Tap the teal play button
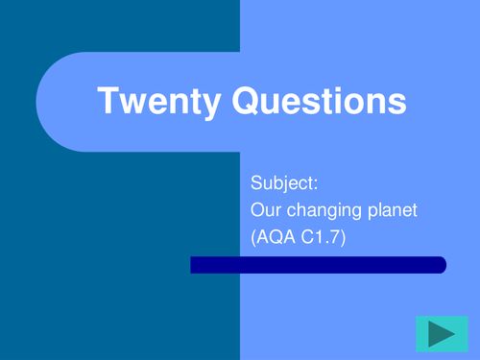click(x=441, y=333)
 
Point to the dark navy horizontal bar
click(x=317, y=265)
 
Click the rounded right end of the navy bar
click(x=441, y=265)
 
